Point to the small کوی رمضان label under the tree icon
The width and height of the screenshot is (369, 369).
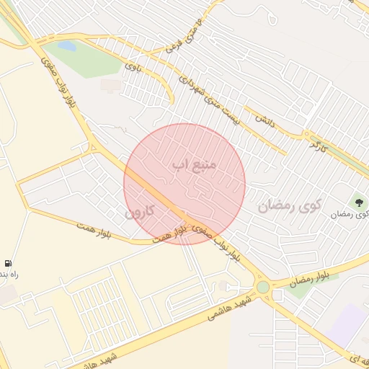350,215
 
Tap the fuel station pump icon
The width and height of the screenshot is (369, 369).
8,264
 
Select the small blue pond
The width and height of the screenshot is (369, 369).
67,45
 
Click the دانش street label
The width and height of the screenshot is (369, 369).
262,116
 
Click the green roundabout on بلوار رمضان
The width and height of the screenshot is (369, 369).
263,287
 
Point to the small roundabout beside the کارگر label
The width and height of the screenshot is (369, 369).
307,134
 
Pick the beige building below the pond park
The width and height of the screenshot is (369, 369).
111,86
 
